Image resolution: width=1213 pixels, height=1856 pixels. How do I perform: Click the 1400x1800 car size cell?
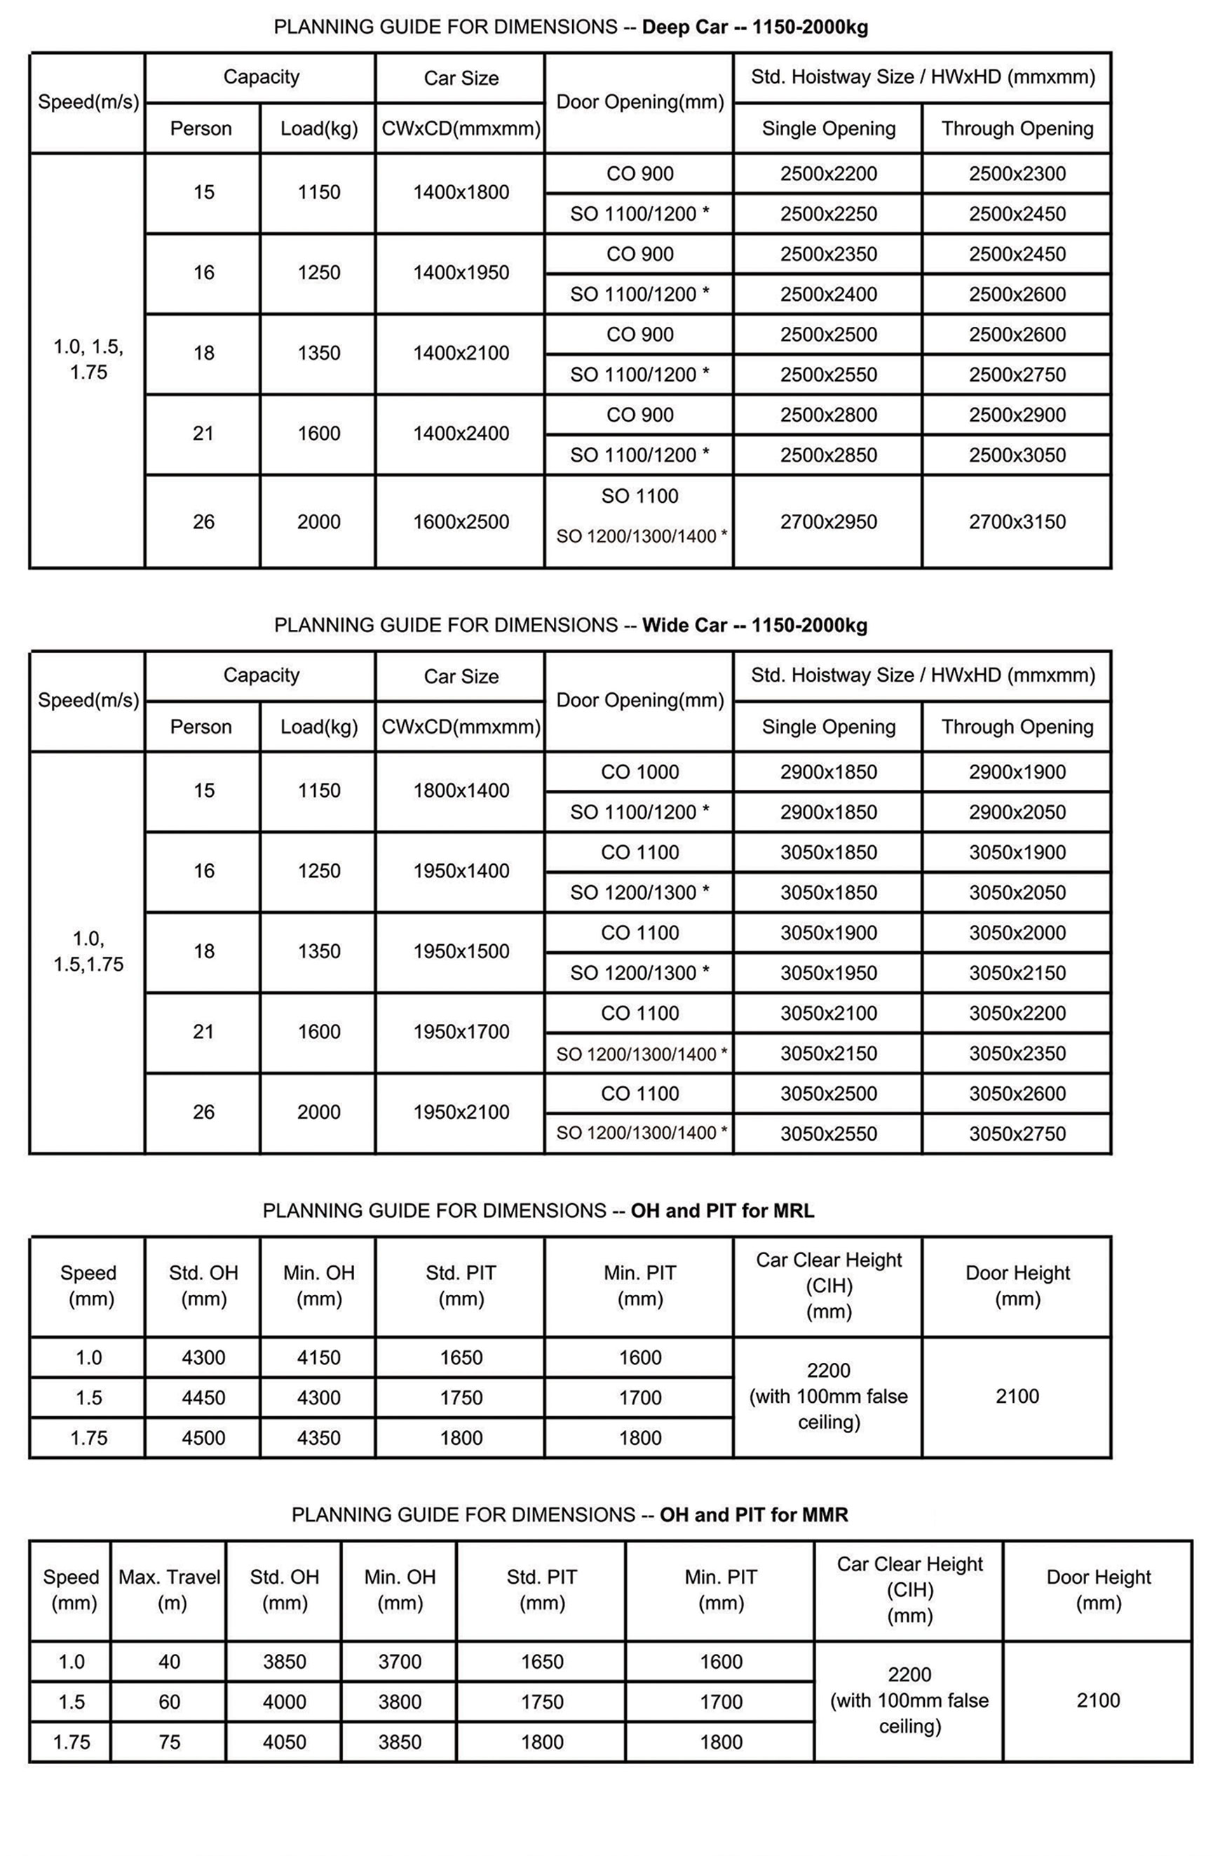pyautogui.click(x=461, y=193)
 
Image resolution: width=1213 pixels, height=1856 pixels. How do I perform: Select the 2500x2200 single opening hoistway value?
pyautogui.click(x=828, y=173)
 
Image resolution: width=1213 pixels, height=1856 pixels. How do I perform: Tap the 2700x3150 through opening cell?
pyautogui.click(x=1017, y=522)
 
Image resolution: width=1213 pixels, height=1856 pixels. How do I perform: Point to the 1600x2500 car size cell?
pyautogui.click(x=461, y=522)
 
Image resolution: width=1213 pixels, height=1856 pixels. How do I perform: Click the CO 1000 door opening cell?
pyautogui.click(x=639, y=772)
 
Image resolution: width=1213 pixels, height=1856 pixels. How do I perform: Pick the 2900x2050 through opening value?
pyautogui.click(x=1017, y=812)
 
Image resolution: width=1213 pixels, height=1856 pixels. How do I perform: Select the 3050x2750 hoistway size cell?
pyautogui.click(x=1017, y=1134)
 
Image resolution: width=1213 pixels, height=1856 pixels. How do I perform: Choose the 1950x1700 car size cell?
pyautogui.click(x=461, y=1032)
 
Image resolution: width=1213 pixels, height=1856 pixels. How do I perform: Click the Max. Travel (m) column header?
pyautogui.click(x=169, y=1590)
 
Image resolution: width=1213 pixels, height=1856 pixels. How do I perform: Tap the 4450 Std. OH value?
pyautogui.click(x=203, y=1397)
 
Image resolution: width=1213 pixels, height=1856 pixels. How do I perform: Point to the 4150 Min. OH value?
pyautogui.click(x=318, y=1358)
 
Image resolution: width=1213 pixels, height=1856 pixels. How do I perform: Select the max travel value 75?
pyautogui.click(x=169, y=1742)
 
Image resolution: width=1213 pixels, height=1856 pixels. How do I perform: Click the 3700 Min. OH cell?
pyautogui.click(x=399, y=1662)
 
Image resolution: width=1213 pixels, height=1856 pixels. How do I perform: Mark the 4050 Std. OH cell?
pyautogui.click(x=284, y=1742)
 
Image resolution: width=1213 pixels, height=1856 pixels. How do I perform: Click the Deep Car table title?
pyautogui.click(x=571, y=27)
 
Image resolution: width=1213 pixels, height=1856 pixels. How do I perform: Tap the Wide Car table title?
pyautogui.click(x=571, y=626)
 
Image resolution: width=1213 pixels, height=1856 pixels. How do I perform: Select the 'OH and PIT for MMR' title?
pyautogui.click(x=569, y=1515)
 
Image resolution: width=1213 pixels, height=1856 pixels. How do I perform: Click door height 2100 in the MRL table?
pyautogui.click(x=1017, y=1396)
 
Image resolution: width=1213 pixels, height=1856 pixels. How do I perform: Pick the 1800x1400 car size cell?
pyautogui.click(x=461, y=791)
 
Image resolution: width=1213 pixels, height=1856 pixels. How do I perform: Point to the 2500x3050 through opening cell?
pyautogui.click(x=1017, y=455)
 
